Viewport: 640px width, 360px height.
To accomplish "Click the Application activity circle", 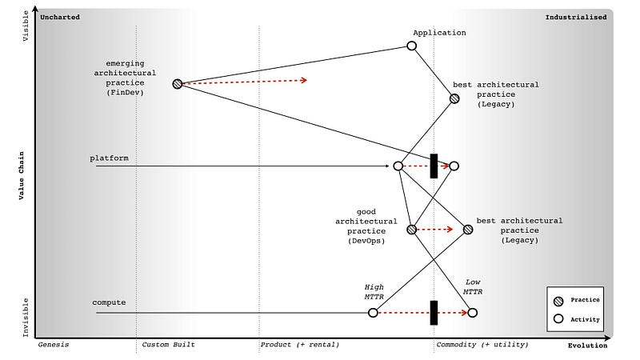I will (412, 46).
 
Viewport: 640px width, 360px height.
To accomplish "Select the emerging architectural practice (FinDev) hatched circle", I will (177, 83).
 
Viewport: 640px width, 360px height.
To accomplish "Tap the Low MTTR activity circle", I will (473, 312).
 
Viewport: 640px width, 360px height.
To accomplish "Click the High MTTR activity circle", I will (373, 312).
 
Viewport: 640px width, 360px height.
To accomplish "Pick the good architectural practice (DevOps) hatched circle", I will (411, 230).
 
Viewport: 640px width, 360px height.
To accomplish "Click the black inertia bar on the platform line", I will (434, 166).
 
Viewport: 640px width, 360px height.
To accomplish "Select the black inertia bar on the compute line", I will (434, 312).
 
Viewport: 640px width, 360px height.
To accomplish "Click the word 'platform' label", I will (109, 158).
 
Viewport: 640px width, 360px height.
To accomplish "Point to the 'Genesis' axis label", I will (54, 345).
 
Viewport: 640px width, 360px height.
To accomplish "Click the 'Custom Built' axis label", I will (168, 345).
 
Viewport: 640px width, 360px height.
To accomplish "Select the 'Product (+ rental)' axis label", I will (299, 345).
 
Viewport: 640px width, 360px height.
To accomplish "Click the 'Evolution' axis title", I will (587, 346).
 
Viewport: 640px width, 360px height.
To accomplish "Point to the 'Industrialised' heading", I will (575, 16).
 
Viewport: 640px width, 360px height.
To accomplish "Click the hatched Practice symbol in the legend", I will (558, 300).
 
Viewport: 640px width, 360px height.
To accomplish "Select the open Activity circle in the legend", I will (558, 318).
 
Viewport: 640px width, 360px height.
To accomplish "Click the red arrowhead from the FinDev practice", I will (304, 80).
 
